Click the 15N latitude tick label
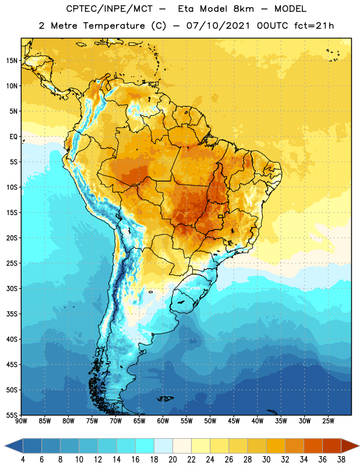(x=12, y=61)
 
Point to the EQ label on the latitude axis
(x=13, y=137)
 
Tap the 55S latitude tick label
(x=12, y=415)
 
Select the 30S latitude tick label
(x=12, y=288)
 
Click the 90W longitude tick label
(x=22, y=421)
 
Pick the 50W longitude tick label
(x=210, y=421)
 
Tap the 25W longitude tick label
(x=328, y=421)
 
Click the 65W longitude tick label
(x=139, y=421)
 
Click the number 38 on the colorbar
(x=341, y=460)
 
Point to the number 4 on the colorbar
(x=23, y=460)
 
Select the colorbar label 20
(x=172, y=460)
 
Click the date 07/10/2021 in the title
(x=218, y=26)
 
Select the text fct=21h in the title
(x=314, y=26)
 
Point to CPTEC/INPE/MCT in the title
(x=110, y=9)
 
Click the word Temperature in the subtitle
(x=114, y=26)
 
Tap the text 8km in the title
(x=243, y=9)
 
